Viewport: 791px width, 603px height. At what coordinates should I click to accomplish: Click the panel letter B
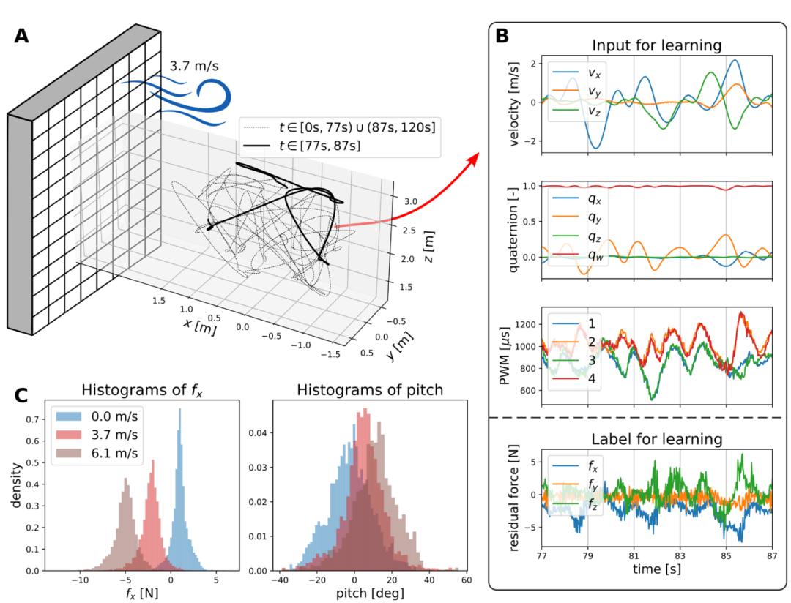click(503, 34)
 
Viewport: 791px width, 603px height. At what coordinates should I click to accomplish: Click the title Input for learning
click(656, 45)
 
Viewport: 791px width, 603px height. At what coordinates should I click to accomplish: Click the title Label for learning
click(656, 439)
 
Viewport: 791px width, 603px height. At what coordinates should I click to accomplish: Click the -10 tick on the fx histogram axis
click(79, 578)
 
